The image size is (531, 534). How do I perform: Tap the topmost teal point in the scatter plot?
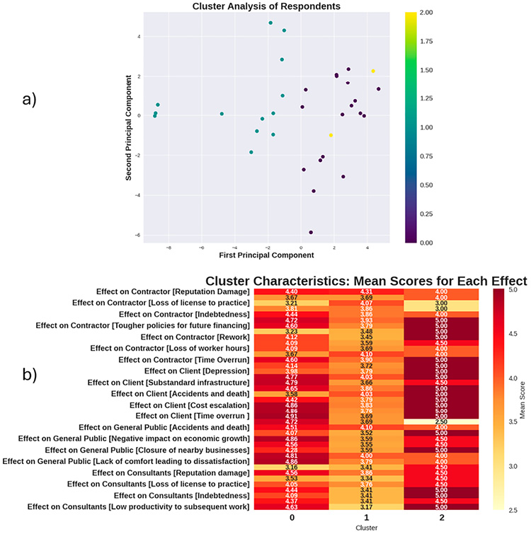coord(270,23)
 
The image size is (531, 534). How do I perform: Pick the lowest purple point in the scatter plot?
coord(311,232)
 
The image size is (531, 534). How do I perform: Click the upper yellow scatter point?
coord(373,71)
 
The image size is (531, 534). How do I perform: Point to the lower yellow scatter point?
coord(331,135)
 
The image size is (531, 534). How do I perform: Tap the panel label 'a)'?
coord(28,100)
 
